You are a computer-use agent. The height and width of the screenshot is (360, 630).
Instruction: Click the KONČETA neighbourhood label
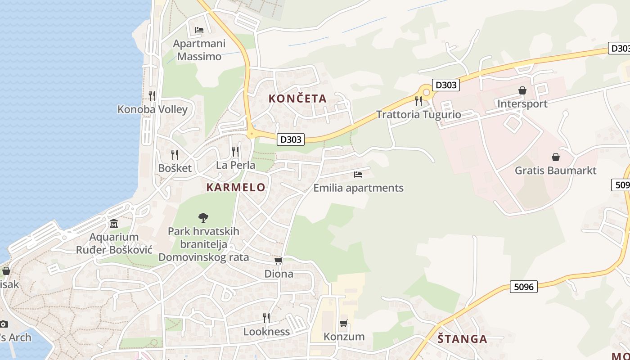click(x=297, y=99)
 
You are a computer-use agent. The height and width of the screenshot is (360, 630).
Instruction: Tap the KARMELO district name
click(x=236, y=188)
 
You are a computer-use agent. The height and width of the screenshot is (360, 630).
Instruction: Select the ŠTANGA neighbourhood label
click(x=462, y=339)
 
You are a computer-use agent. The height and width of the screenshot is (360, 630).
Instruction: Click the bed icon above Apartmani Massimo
click(x=199, y=30)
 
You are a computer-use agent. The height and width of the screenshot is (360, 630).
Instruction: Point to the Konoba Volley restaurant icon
click(x=152, y=95)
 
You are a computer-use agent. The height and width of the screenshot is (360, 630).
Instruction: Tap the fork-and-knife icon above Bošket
click(x=175, y=154)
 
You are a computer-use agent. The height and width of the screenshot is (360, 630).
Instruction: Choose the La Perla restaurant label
click(x=235, y=165)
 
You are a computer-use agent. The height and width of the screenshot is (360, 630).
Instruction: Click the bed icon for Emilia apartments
click(x=358, y=174)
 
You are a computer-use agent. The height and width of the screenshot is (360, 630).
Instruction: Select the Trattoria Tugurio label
click(x=418, y=114)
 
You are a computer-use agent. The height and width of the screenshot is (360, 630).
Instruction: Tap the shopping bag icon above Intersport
click(x=522, y=91)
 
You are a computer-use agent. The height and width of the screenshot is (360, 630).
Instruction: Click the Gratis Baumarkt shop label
click(x=555, y=171)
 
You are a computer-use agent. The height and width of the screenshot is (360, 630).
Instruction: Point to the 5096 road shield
click(x=524, y=286)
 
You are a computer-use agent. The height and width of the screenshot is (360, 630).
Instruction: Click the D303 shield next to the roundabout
click(x=446, y=85)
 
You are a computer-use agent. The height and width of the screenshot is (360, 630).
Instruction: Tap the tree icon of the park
click(x=203, y=218)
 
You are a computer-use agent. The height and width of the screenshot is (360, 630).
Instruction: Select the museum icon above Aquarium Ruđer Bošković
click(x=114, y=224)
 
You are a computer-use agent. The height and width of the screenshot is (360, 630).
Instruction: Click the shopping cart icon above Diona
click(x=279, y=261)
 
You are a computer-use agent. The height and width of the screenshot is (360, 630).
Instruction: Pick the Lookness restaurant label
click(x=266, y=332)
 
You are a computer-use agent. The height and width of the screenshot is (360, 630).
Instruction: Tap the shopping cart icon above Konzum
click(x=344, y=323)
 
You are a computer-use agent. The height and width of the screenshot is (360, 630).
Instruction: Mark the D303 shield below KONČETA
click(x=291, y=139)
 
